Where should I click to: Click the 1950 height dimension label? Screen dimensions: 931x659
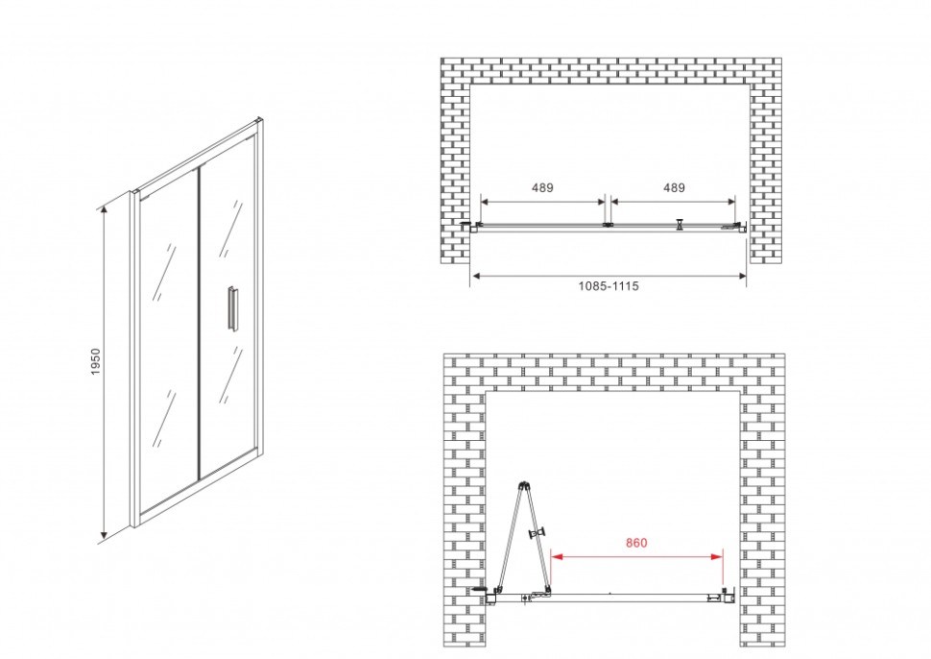(x=96, y=361)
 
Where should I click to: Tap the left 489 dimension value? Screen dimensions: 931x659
(x=542, y=187)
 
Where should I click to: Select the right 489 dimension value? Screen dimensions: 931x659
(x=674, y=187)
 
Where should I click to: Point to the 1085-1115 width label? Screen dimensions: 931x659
(x=609, y=286)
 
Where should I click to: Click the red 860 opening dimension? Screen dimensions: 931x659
(x=636, y=543)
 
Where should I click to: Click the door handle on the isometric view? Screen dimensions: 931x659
(x=231, y=307)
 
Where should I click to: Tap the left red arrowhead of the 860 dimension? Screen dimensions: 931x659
(x=557, y=557)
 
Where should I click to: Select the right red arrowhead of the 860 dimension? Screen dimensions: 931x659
(x=717, y=557)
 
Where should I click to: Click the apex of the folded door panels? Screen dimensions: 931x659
(x=523, y=484)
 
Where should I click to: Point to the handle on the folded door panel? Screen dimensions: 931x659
(x=537, y=533)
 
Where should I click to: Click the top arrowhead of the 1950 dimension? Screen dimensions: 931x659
(x=104, y=209)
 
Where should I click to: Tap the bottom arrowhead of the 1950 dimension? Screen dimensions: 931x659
(x=104, y=537)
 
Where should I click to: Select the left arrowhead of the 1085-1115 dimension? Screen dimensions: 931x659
(x=476, y=276)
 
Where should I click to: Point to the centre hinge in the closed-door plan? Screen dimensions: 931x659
(x=608, y=225)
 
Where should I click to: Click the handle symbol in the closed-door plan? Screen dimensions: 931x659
(x=680, y=224)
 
